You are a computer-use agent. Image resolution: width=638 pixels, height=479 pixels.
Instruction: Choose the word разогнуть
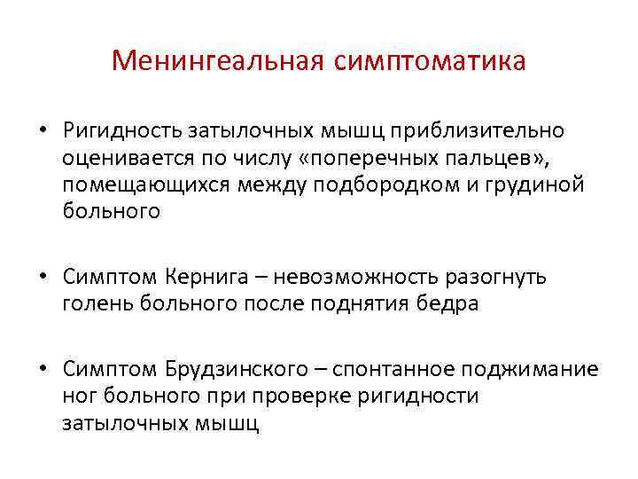point(503,277)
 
